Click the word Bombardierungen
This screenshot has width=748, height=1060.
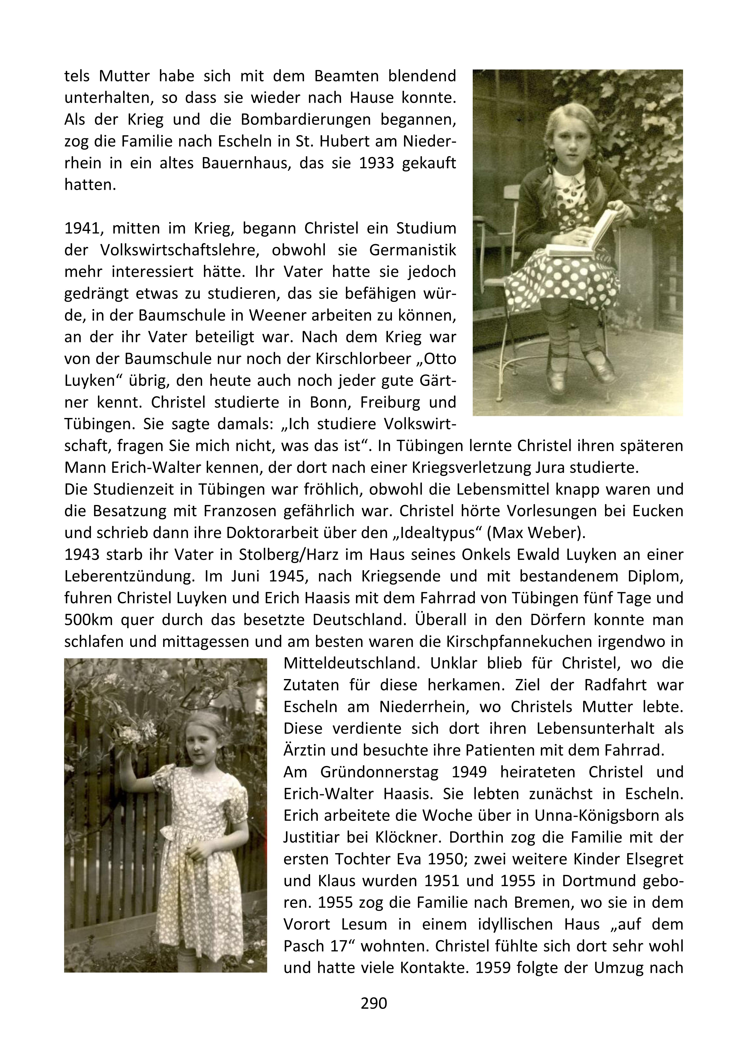point(305,120)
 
